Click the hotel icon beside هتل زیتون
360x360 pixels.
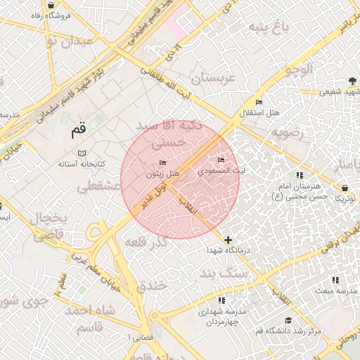coord(163,163)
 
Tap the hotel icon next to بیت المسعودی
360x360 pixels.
coord(222,160)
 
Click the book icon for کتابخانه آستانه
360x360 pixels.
coord(82,153)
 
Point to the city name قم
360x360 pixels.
coord(78,131)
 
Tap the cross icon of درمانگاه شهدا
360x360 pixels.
coord(226,240)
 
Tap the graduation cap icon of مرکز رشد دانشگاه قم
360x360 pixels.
coord(288,320)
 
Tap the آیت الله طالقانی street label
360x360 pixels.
coord(167,77)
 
